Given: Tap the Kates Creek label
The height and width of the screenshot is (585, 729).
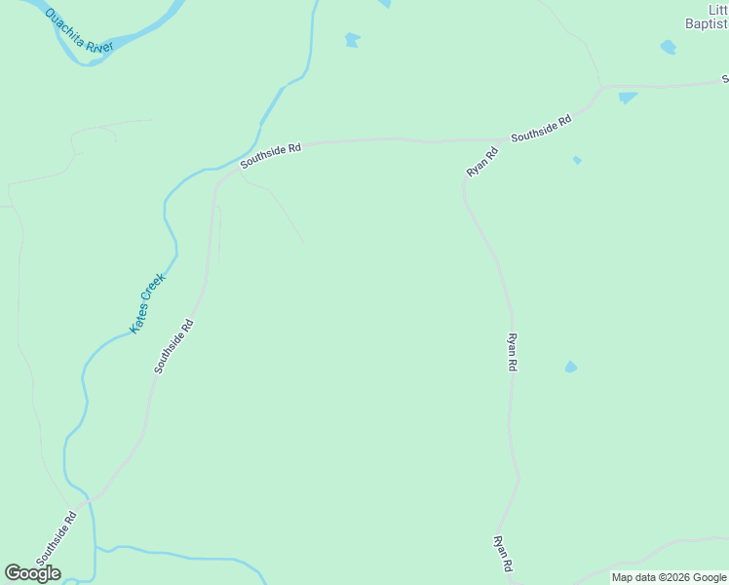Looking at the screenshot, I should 149,303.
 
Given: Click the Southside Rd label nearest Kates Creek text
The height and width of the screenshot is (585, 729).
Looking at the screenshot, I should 174,347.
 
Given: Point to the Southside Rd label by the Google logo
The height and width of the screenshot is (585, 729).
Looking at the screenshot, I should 56,538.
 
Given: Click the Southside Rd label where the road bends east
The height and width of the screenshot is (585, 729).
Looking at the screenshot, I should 270,156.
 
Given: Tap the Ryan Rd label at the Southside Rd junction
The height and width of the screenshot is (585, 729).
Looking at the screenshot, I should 481,162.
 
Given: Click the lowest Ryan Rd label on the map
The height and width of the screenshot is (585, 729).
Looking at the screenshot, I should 503,553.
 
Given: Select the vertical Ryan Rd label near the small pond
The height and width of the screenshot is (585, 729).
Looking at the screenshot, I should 512,352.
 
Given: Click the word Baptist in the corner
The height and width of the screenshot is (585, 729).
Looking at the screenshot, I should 704,25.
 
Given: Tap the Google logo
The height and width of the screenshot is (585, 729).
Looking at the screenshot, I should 32,573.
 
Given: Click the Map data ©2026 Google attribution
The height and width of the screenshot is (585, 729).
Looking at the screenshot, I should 669,577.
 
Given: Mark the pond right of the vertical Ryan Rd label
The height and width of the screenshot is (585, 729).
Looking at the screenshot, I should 570,368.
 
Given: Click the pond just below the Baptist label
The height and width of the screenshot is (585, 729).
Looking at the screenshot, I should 668,46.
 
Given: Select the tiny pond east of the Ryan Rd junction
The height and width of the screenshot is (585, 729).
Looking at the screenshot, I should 577,160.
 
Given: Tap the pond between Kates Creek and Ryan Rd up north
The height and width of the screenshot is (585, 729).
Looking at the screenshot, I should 352,40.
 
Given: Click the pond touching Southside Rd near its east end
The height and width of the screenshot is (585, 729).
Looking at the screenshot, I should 627,97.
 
